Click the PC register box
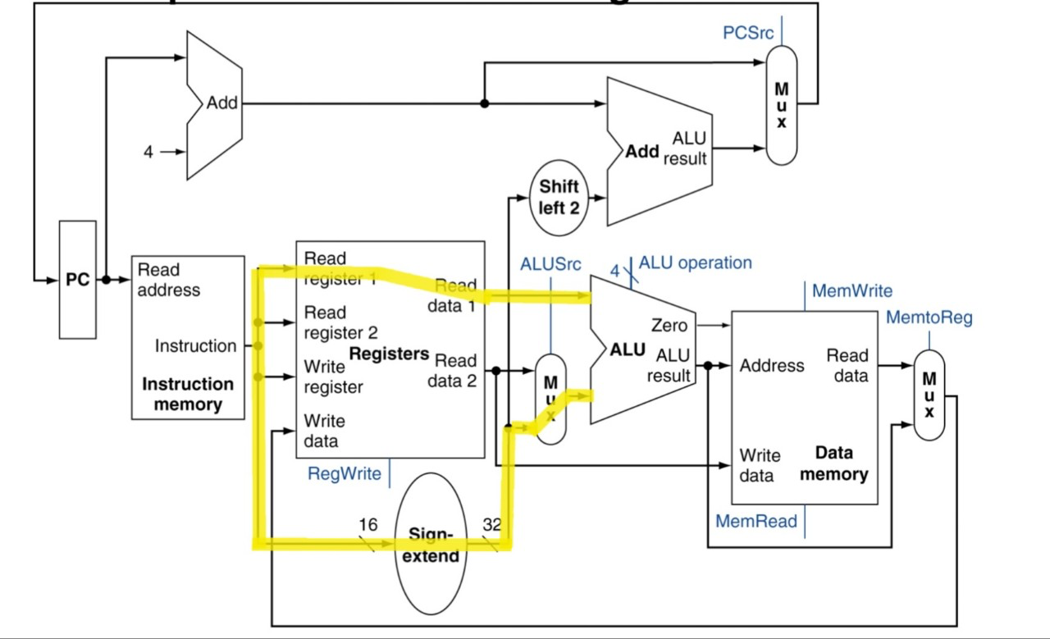tap(77, 280)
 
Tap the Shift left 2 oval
tap(559, 197)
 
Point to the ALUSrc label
tap(550, 264)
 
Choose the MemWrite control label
tap(851, 290)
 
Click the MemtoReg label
tap(929, 317)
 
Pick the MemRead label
tap(756, 521)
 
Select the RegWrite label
tap(344, 473)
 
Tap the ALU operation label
tap(695, 262)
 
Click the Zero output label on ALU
tap(669, 326)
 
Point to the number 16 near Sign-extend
tap(367, 524)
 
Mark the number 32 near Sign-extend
tap(491, 524)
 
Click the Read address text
tap(168, 280)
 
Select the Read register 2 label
tap(340, 322)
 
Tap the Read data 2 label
tap(454, 371)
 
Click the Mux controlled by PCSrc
tap(781, 104)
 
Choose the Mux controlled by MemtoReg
tap(929, 395)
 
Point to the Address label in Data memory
tap(771, 366)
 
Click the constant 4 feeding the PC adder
tap(148, 152)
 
